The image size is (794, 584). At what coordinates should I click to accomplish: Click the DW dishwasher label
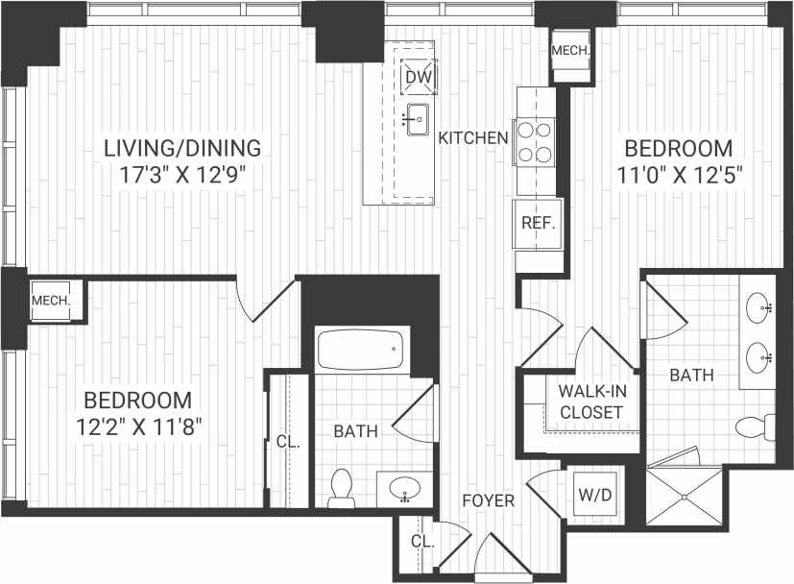[417, 77]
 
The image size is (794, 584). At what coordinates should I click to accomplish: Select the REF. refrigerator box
[535, 223]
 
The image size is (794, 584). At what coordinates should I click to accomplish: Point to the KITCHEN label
[473, 138]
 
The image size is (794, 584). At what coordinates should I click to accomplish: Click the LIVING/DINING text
[182, 148]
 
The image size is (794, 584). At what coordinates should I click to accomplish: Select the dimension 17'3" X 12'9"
[182, 175]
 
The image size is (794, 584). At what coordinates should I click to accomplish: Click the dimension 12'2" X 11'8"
[136, 426]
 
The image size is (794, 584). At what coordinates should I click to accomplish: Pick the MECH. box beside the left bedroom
[51, 301]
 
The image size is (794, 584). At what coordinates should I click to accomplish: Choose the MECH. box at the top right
[570, 51]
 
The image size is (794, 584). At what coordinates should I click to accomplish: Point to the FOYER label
[488, 500]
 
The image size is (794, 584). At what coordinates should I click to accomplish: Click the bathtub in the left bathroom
[360, 351]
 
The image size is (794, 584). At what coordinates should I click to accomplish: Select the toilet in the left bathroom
[341, 486]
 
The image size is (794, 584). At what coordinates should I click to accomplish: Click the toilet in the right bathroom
[755, 425]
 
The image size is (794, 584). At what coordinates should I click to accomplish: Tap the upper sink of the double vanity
[759, 308]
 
